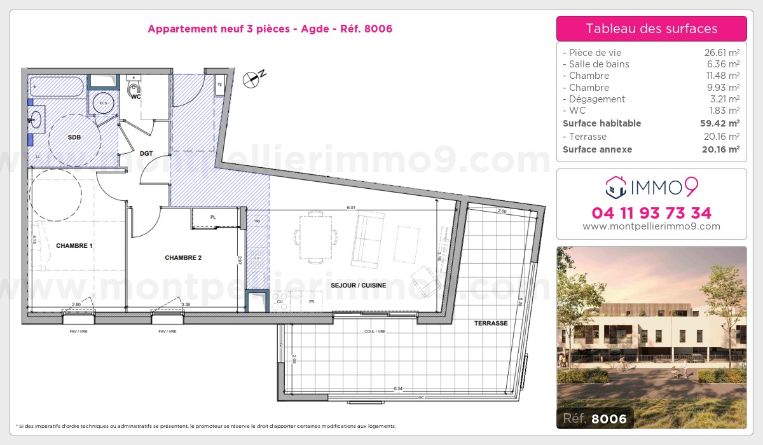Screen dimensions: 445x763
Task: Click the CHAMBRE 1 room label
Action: point(74,245)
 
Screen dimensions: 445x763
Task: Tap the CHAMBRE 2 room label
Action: point(183,257)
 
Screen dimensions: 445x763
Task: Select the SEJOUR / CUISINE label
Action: point(358,285)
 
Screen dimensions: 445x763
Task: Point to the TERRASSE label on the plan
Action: point(490,323)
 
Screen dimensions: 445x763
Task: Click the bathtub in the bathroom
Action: point(57,86)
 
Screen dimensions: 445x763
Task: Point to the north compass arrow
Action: point(254,78)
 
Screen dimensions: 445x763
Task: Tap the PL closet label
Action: point(213,217)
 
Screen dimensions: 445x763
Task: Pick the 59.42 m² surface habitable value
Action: point(721,123)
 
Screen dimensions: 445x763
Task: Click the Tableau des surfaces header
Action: point(651,29)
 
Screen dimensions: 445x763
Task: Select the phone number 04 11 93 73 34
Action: point(651,212)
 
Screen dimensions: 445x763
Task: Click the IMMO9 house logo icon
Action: point(615,186)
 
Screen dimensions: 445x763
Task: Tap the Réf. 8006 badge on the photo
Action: point(595,418)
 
